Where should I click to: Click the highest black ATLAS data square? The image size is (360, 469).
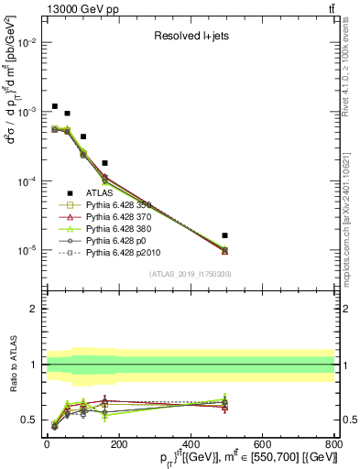tap(55, 107)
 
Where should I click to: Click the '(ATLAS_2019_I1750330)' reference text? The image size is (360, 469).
tap(190, 274)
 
